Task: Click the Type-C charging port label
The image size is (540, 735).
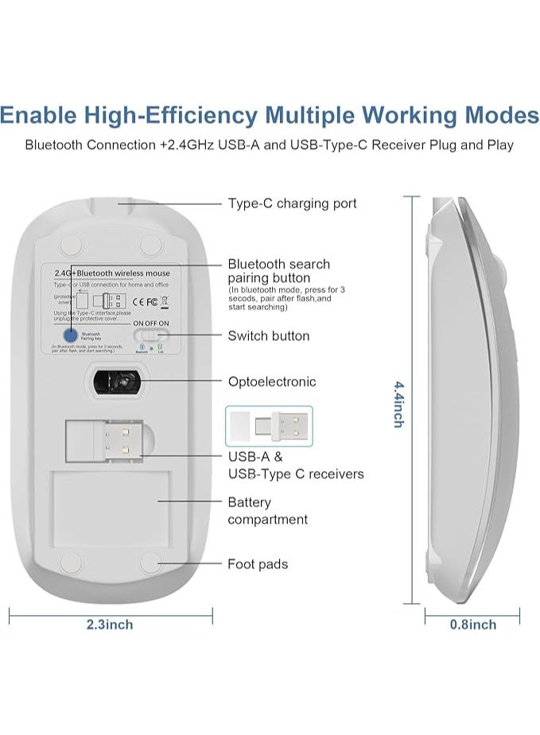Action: [292, 203]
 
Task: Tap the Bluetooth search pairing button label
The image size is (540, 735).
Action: [278, 271]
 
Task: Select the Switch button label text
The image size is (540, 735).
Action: [268, 336]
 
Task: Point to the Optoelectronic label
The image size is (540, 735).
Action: [271, 381]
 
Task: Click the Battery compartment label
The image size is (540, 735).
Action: [267, 511]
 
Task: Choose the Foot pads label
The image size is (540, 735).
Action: [258, 564]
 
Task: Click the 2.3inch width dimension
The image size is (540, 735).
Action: [110, 625]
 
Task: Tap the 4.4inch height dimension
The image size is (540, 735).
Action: [398, 403]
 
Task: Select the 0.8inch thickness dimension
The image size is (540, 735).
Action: [472, 625]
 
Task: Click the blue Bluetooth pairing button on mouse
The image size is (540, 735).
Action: [71, 335]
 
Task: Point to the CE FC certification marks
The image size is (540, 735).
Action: [145, 301]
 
